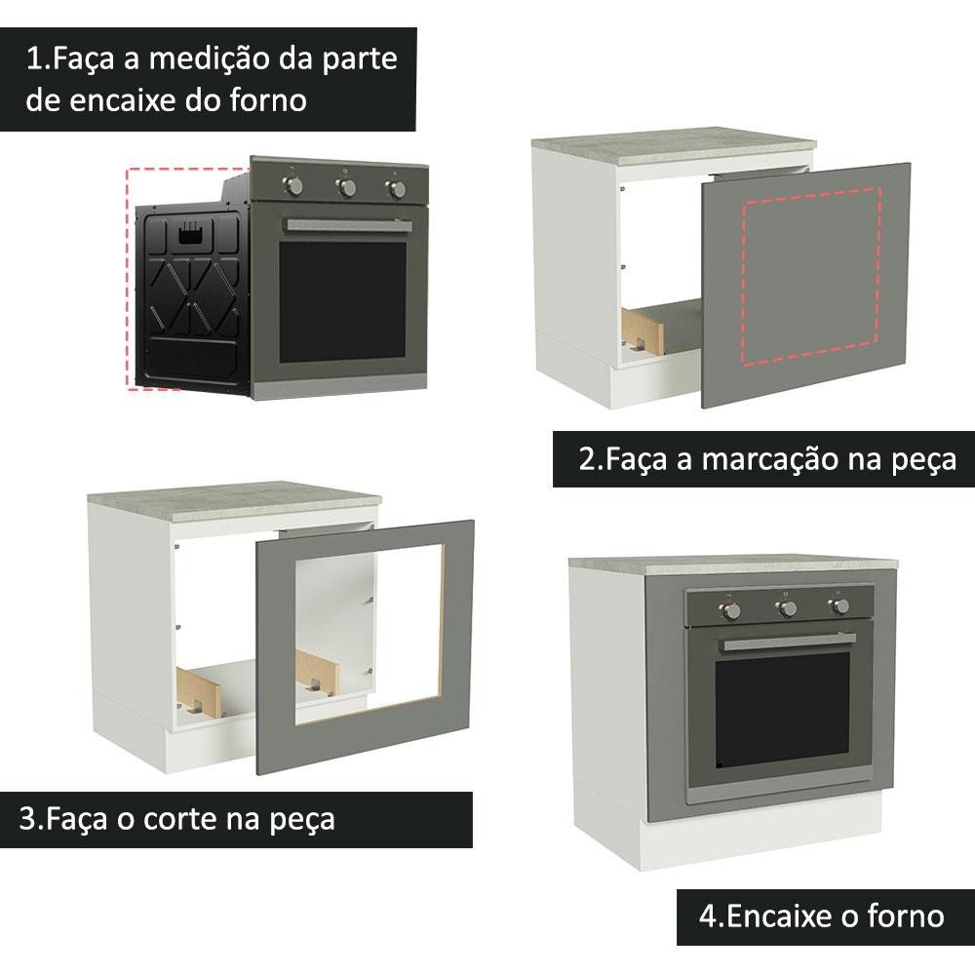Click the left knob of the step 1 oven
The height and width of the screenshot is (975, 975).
pos(293,184)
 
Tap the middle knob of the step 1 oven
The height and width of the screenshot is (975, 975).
pos(346,186)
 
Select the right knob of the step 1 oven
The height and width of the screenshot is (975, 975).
pos(396,188)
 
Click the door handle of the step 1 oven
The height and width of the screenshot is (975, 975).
pos(348,225)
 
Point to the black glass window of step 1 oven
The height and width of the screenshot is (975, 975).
pos(342,302)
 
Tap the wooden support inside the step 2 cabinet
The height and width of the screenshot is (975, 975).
pos(643,331)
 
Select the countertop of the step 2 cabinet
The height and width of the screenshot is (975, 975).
pos(674,145)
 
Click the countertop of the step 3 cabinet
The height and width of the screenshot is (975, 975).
pos(234,501)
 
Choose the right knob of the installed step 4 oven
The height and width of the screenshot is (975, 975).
pos(840,605)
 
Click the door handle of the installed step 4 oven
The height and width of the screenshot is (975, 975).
pos(788,643)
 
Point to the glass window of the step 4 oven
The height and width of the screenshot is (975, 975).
pos(782,710)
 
